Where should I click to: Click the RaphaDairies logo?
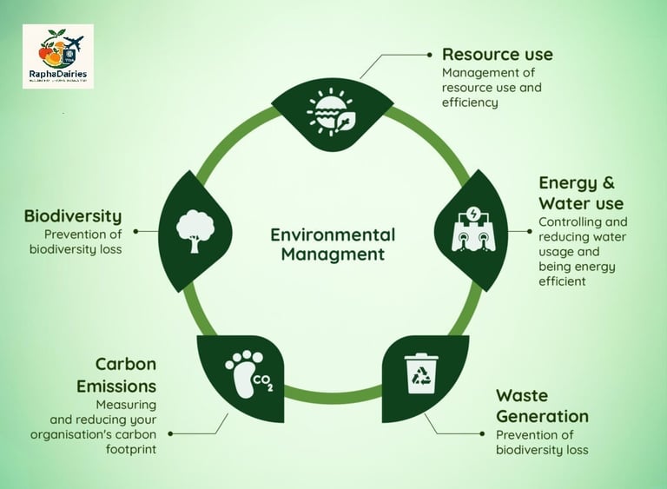click(57, 56)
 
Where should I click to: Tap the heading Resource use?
click(497, 55)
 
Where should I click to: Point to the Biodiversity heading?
click(73, 216)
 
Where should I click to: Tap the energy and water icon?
click(469, 230)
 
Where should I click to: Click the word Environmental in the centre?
click(333, 235)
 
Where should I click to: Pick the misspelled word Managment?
click(333, 254)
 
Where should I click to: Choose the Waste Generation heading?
click(541, 406)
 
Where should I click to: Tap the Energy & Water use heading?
click(580, 193)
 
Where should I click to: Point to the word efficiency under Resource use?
click(470, 102)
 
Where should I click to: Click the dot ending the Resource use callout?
click(431, 53)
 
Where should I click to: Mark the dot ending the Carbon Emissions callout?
click(170, 432)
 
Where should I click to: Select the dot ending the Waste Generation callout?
click(483, 432)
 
